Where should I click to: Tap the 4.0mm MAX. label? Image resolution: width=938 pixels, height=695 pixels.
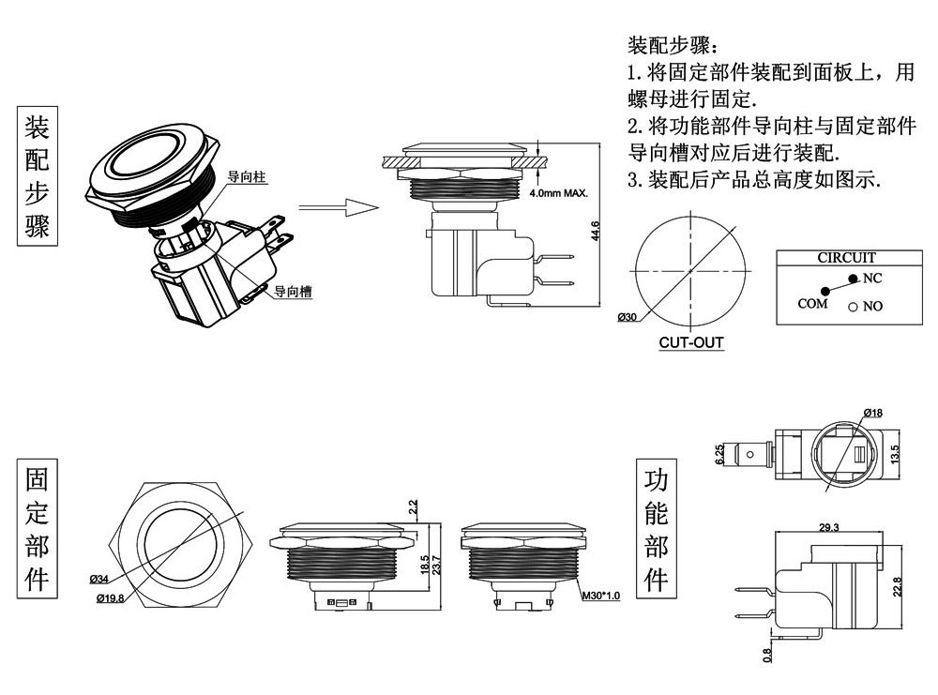coord(559,193)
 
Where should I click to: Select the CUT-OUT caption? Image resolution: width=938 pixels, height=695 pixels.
coord(691,342)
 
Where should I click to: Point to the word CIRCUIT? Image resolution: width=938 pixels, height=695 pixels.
coord(846,257)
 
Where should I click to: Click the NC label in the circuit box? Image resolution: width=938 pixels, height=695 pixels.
coord(871,279)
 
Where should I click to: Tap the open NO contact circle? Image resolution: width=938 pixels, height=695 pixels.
coord(853,307)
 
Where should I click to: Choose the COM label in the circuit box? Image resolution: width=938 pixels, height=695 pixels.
coord(812,303)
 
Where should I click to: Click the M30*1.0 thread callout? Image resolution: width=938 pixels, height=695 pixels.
coord(600,596)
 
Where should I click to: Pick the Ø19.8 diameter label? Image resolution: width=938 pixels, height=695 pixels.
coord(110,597)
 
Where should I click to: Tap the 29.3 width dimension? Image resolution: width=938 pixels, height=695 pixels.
coord(828,528)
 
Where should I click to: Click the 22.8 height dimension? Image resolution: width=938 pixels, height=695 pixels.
coord(897,587)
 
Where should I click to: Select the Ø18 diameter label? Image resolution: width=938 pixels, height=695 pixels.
coord(871,414)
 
